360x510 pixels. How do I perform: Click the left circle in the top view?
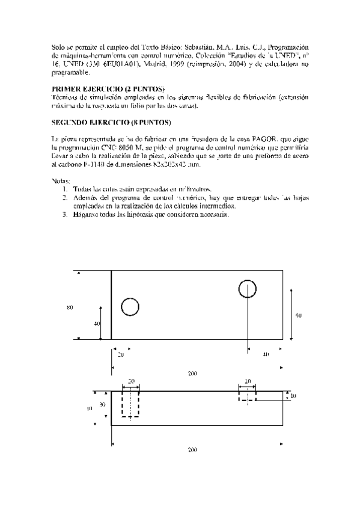pyautogui.click(x=130, y=307)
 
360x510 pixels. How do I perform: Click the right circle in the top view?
pyautogui.click(x=247, y=289)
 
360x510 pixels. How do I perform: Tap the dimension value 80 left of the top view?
pyautogui.click(x=70, y=307)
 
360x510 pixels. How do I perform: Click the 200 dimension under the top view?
pyautogui.click(x=192, y=373)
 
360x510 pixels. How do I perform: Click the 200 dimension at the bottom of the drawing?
pyautogui.click(x=192, y=449)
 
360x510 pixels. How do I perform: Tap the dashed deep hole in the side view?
pyautogui.click(x=130, y=402)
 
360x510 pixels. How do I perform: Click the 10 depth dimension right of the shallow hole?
pyautogui.click(x=293, y=396)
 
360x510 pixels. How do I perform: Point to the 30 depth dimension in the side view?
pyautogui.click(x=102, y=405)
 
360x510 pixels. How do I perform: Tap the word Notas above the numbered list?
pyautogui.click(x=61, y=180)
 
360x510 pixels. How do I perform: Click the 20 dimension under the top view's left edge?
pyautogui.click(x=121, y=355)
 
